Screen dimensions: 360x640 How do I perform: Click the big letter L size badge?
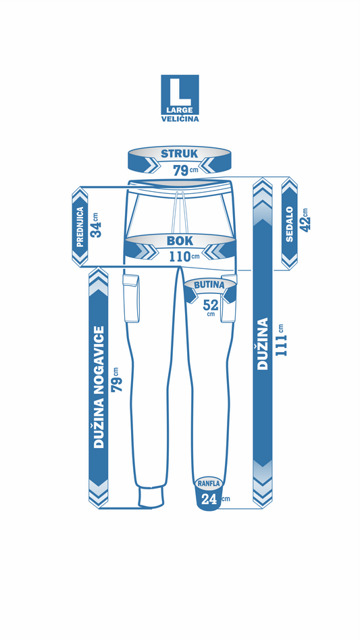click(180, 95)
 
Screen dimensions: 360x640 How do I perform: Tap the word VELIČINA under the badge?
click(180, 119)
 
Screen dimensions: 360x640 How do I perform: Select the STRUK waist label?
click(180, 154)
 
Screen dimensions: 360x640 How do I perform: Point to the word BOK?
click(180, 241)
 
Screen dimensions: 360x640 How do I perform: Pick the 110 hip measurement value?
click(180, 257)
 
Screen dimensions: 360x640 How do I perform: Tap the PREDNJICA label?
click(80, 227)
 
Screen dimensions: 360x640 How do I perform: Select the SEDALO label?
click(290, 224)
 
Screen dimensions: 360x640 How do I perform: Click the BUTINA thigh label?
click(209, 285)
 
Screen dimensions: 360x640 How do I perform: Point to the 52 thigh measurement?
click(211, 305)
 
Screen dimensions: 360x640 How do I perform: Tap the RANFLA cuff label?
click(209, 483)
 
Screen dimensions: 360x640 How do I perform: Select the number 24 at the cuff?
click(209, 499)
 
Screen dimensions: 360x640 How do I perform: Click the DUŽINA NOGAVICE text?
click(99, 387)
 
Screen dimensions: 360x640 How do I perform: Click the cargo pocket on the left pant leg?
click(131, 298)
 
